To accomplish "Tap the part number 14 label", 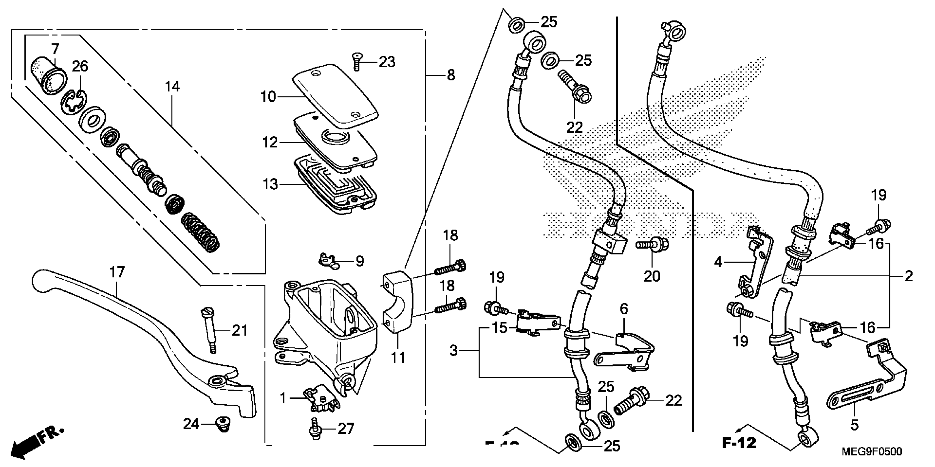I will point(172,87).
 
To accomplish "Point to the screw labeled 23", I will point(357,62).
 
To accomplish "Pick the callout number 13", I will point(270,184).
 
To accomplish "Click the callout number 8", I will point(450,76).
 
